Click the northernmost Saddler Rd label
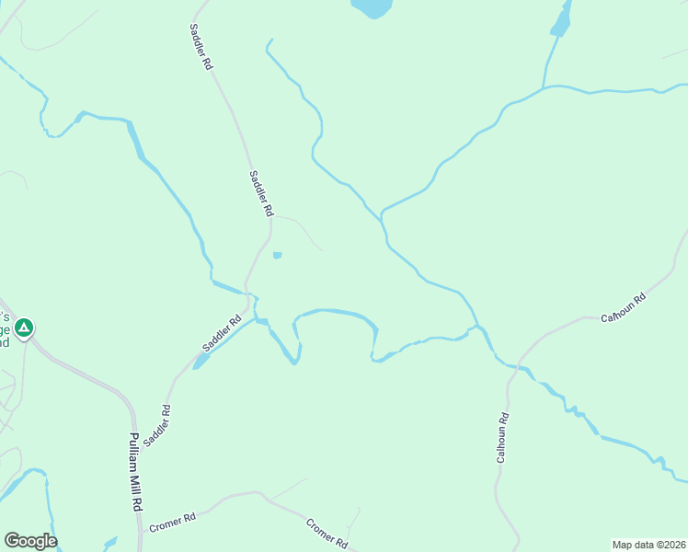pyautogui.click(x=201, y=48)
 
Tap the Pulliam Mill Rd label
pyautogui.click(x=134, y=472)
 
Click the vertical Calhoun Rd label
pyautogui.click(x=502, y=438)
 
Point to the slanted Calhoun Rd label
pyautogui.click(x=624, y=306)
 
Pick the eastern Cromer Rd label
pyautogui.click(x=326, y=533)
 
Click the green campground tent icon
pyautogui.click(x=25, y=327)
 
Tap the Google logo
pyautogui.click(x=30, y=541)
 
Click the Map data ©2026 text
pyautogui.click(x=648, y=545)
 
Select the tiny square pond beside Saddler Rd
pyautogui.click(x=277, y=256)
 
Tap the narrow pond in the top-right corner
pyautogui.click(x=560, y=19)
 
